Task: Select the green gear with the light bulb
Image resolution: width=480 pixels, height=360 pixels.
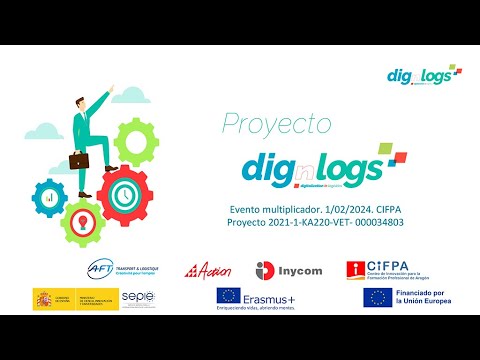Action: pos(82,219)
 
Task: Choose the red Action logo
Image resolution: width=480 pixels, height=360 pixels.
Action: pos(208,270)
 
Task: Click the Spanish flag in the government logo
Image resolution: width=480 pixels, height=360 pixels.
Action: pos(46,298)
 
